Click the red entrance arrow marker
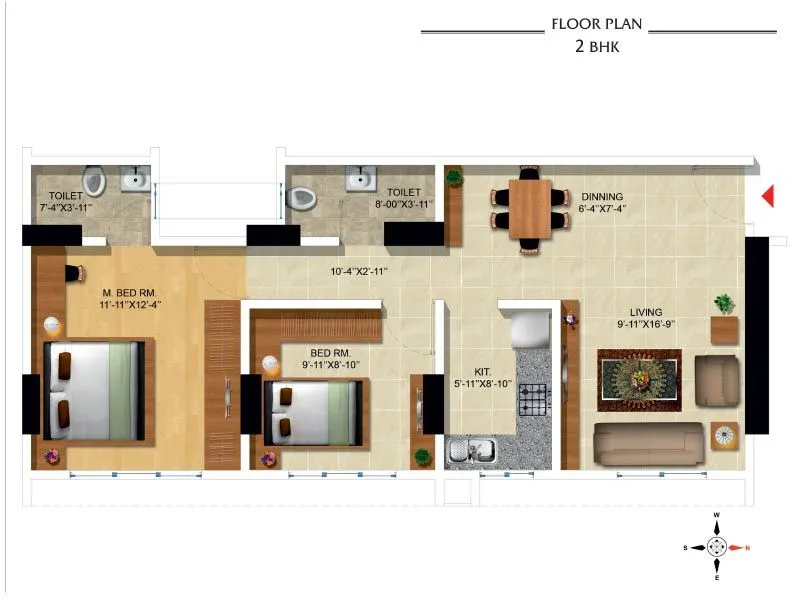click(768, 196)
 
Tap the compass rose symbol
click(717, 546)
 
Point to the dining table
click(530, 207)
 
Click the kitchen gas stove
click(533, 400)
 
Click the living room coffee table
click(639, 381)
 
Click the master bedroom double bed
click(95, 390)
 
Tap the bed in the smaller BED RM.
click(314, 410)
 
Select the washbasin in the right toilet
click(360, 179)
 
